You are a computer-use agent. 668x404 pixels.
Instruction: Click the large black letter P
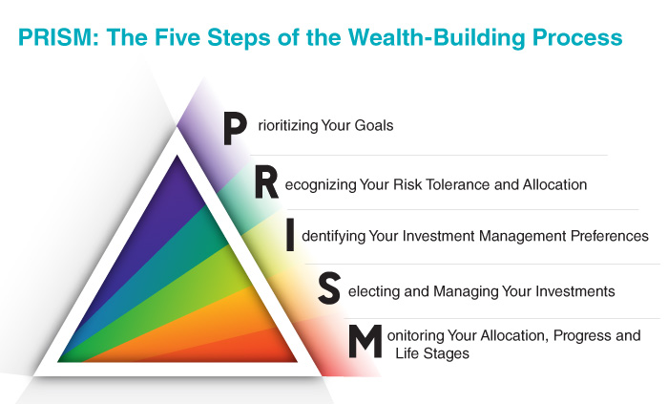[235, 129]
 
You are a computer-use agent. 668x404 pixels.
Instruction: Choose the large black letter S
[329, 288]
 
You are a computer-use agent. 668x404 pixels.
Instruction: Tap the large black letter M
[365, 341]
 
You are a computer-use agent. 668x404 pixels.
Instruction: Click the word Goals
[374, 126]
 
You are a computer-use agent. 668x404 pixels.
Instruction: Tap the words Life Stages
[432, 353]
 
